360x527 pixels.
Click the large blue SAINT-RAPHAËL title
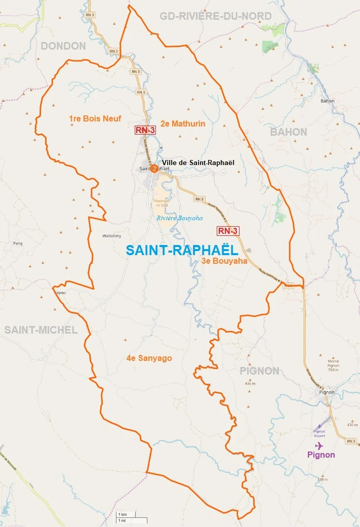(x=182, y=251)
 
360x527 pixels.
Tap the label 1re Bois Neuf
(x=95, y=119)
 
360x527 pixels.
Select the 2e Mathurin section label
(x=183, y=124)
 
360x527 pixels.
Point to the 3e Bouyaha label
(x=224, y=261)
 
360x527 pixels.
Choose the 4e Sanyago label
(x=149, y=358)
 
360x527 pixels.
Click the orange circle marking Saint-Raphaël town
(x=154, y=169)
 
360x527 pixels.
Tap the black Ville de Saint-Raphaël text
(x=198, y=163)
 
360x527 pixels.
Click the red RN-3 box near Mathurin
(x=145, y=130)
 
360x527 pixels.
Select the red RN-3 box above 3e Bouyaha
(x=227, y=231)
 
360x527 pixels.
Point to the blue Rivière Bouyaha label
(x=179, y=218)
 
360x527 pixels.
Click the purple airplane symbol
(x=319, y=445)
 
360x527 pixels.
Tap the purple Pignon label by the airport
(x=321, y=455)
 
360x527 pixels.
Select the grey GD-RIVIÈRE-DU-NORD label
(x=216, y=16)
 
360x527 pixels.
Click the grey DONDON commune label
(x=63, y=46)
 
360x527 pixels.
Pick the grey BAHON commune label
(x=289, y=132)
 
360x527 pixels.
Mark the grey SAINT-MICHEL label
(x=41, y=330)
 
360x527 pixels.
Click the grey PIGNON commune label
(x=259, y=371)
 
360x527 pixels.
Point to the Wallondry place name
(x=112, y=236)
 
